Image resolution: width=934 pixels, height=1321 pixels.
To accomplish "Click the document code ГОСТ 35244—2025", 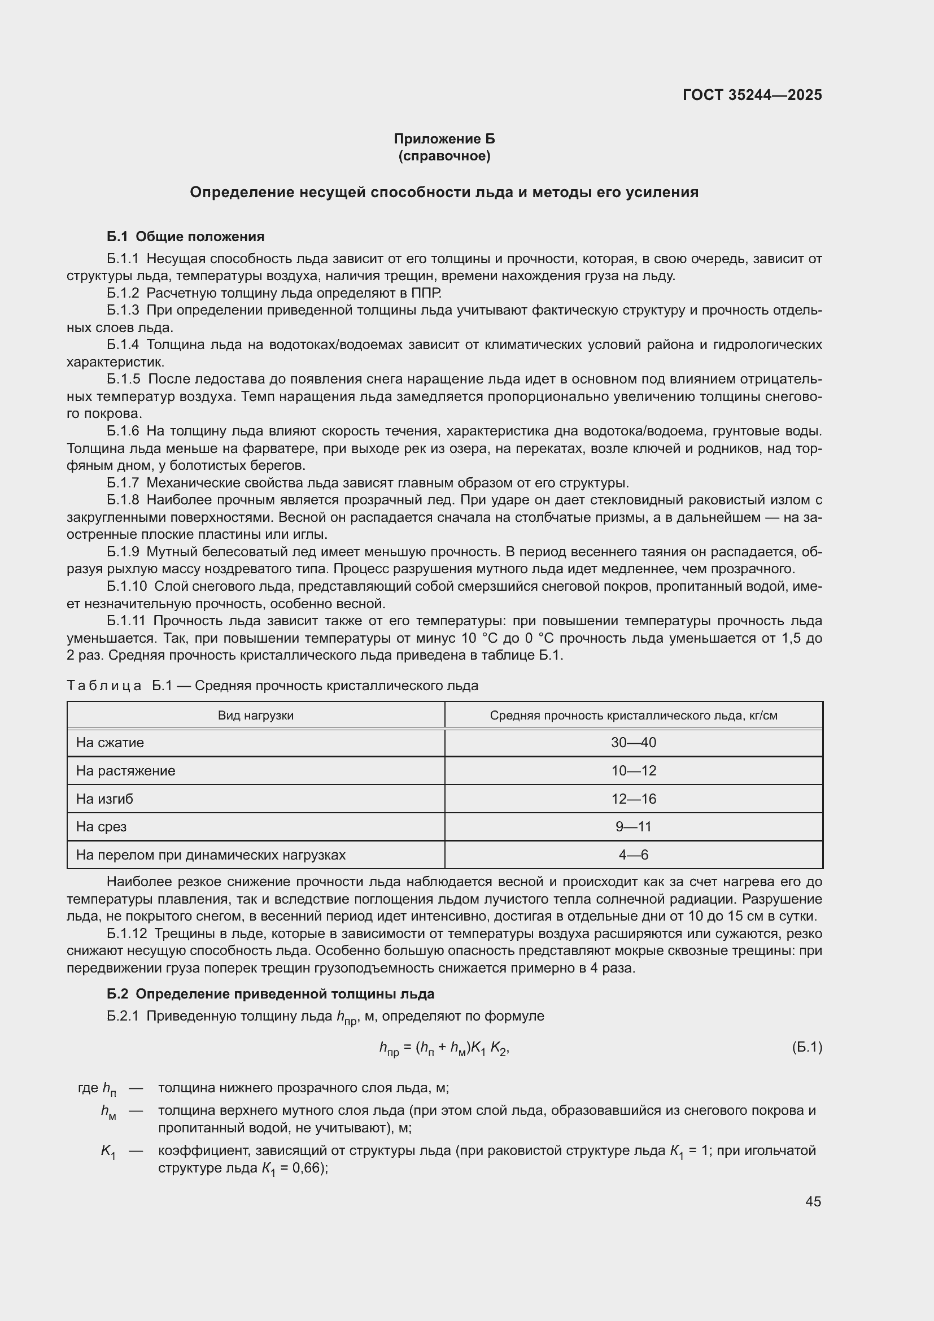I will click(x=752, y=95).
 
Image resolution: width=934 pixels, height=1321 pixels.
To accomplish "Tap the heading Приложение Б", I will click(x=444, y=139).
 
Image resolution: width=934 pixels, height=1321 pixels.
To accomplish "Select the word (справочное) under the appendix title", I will click(x=444, y=156).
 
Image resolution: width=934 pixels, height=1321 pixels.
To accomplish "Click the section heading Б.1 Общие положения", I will click(x=185, y=237).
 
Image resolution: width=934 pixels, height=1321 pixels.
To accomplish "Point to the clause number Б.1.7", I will click(x=123, y=483).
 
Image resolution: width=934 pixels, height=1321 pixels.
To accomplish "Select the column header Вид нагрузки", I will click(x=255, y=715).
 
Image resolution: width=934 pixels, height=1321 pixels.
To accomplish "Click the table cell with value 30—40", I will click(x=633, y=742).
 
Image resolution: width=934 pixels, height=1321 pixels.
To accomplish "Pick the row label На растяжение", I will click(x=125, y=770).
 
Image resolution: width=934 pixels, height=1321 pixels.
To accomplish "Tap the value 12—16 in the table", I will click(x=633, y=799).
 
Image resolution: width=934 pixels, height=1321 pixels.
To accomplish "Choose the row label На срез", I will click(x=101, y=826).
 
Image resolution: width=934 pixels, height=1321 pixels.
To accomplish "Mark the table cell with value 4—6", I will click(x=633, y=854).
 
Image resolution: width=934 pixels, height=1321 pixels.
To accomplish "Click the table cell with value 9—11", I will click(x=633, y=826).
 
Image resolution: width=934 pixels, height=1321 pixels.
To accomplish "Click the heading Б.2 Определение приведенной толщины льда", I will click(x=270, y=993).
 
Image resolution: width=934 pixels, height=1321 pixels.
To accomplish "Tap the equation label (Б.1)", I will click(x=806, y=1047).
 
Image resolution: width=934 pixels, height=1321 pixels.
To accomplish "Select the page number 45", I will click(x=813, y=1201).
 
